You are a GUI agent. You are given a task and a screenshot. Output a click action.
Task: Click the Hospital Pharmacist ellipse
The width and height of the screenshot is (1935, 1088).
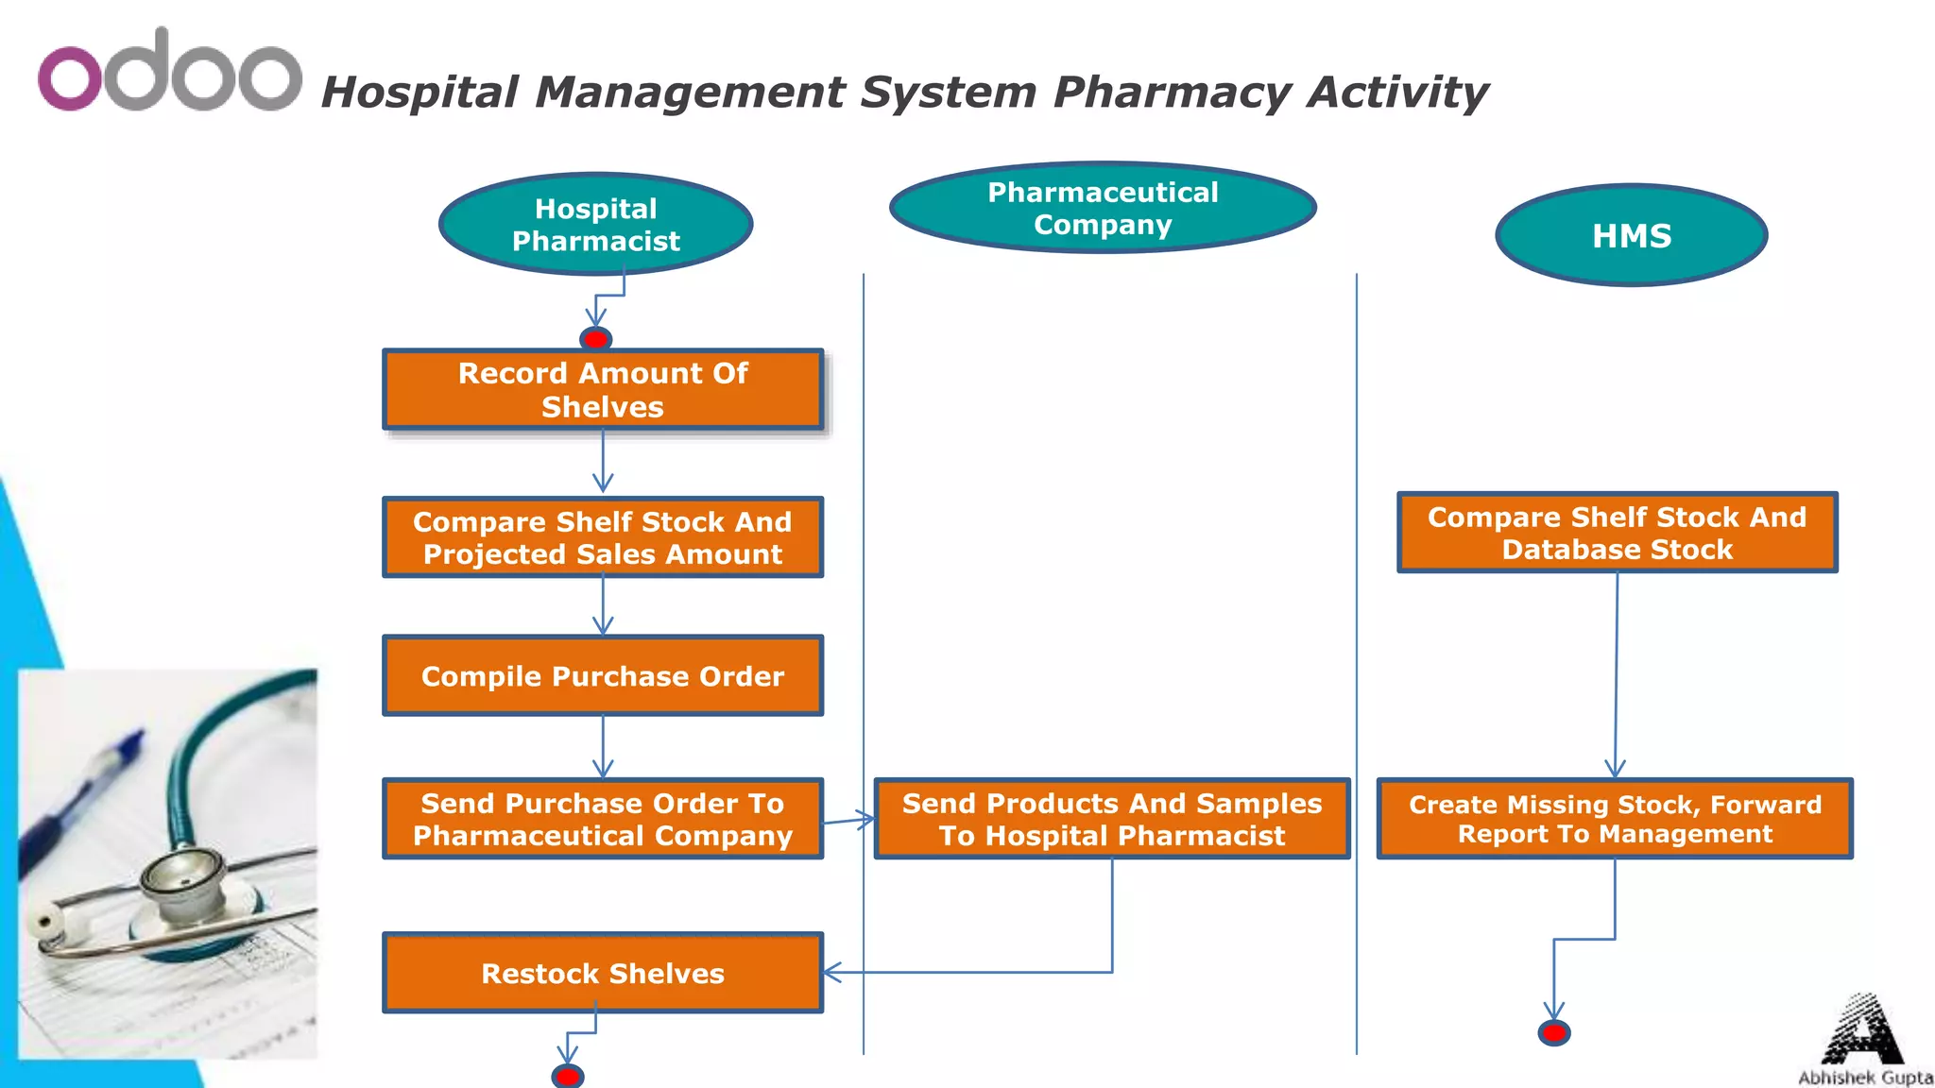pos(595,225)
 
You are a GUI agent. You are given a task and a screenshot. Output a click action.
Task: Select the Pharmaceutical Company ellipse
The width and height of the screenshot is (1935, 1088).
pos(1103,208)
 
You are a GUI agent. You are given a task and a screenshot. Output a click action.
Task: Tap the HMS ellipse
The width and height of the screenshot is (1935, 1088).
pos(1632,235)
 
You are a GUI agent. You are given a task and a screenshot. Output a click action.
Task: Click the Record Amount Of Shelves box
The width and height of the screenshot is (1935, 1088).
pos(603,390)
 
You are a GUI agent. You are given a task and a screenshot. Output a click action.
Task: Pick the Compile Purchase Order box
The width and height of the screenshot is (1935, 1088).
pos(603,676)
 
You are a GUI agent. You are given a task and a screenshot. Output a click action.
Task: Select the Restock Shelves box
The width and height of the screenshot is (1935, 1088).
pos(603,973)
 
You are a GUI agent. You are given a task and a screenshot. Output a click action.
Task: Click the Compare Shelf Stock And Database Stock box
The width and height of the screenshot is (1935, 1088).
pos(1617,533)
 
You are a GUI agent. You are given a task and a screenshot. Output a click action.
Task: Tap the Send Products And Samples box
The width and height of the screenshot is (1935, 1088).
pos(1112,819)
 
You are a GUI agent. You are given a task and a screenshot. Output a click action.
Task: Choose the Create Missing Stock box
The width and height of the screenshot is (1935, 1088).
pos(1615,819)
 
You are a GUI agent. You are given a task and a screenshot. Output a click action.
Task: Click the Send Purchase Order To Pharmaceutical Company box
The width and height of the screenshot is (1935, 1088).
pos(603,819)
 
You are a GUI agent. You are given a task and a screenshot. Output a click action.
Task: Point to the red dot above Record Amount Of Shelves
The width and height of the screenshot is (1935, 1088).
pos(595,338)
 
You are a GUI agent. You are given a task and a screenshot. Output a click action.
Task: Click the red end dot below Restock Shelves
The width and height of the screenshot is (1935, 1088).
pos(567,1076)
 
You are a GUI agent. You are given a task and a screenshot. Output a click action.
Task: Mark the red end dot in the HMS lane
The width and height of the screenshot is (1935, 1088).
pos(1554,1032)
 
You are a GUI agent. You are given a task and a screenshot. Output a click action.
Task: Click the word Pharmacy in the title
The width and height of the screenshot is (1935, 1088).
pos(1172,93)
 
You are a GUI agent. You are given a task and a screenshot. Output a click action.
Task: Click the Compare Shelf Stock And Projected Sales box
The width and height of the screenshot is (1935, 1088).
pos(603,537)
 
